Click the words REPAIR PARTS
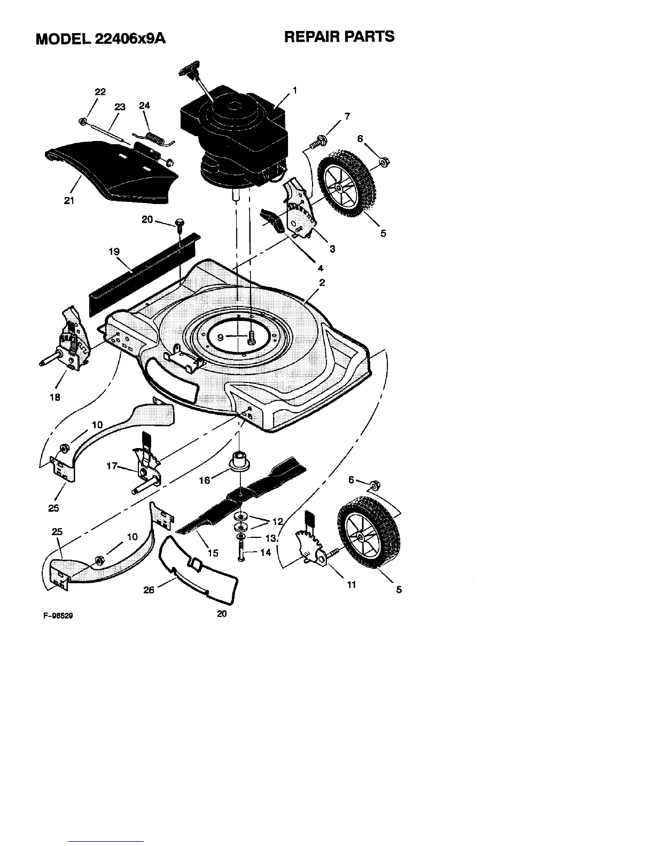(339, 37)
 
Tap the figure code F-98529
(58, 616)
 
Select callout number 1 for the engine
(294, 90)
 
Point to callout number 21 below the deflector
(69, 201)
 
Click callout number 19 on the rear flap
(114, 252)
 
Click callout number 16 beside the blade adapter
(205, 480)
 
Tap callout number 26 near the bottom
(149, 590)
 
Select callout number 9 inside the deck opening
(220, 338)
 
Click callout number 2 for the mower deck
(322, 283)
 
